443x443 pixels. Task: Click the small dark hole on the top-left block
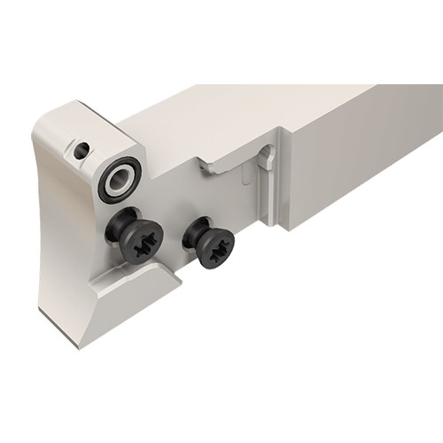coord(82,152)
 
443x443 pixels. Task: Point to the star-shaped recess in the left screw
coord(142,245)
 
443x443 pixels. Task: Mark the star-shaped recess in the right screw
coord(215,249)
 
